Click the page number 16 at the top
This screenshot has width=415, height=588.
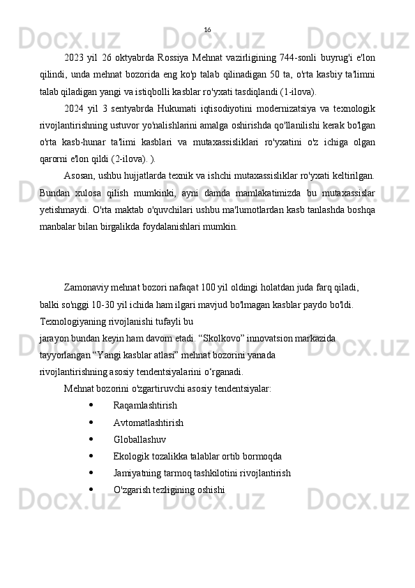[207, 29]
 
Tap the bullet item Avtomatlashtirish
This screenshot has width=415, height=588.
[148, 422]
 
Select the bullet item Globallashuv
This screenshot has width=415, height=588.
[139, 439]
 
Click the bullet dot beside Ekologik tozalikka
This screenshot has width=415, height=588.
[92, 456]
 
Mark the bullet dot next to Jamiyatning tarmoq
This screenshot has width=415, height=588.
[92, 473]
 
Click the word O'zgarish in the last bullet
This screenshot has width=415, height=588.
[130, 490]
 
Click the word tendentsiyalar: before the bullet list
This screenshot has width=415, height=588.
[241, 388]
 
